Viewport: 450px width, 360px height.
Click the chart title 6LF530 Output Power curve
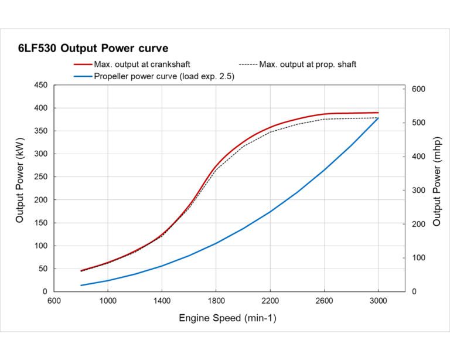pos(93,49)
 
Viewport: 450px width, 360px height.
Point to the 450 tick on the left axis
pos(40,85)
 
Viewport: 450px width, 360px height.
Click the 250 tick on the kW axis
pos(40,177)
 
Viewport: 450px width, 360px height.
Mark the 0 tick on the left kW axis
pos(45,291)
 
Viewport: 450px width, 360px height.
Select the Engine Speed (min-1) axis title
pos(227,318)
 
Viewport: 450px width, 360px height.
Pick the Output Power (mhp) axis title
pos(437,188)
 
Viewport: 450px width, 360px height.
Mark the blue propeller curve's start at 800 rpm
pos(81,286)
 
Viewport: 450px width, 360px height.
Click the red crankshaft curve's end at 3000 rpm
pos(378,113)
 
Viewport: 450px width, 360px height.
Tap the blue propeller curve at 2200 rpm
pos(270,212)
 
